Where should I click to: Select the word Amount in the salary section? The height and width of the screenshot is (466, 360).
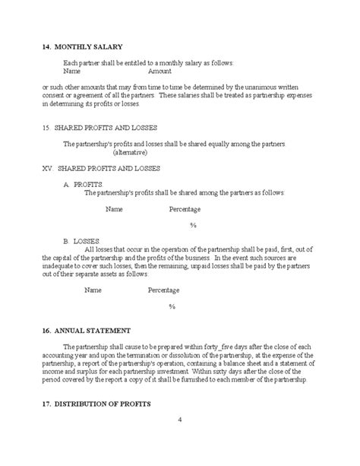pos(159,70)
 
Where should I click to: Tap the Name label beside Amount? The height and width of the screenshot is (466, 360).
pos(73,70)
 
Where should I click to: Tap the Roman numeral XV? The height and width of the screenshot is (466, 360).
pos(49,168)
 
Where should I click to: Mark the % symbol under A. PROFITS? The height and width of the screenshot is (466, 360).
pos(193,225)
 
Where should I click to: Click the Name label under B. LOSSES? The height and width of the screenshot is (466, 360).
pos(93,290)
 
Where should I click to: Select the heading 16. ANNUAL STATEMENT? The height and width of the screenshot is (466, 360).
pos(87,331)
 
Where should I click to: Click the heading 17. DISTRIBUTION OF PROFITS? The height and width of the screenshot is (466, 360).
pos(97,402)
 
